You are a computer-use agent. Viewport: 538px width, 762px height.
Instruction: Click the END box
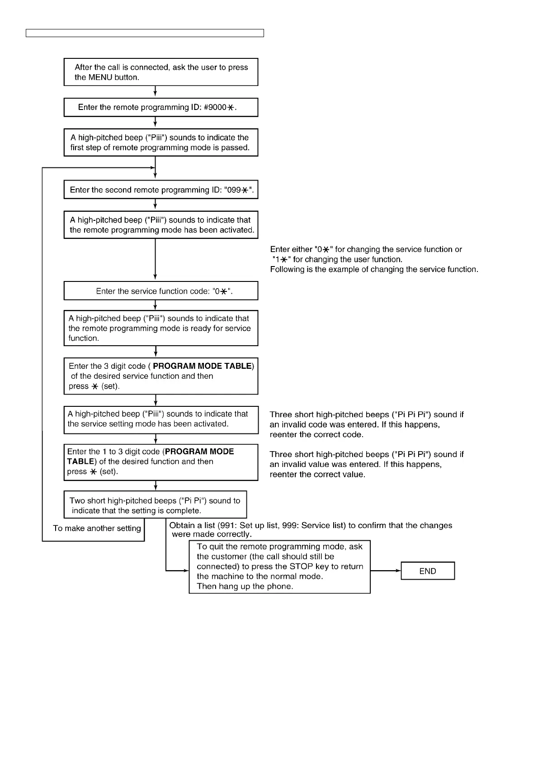coord(427,571)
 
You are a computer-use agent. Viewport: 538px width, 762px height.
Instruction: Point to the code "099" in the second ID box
coord(233,190)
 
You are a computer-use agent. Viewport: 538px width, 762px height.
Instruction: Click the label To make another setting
coord(97,529)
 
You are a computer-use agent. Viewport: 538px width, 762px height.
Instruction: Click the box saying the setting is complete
coord(155,505)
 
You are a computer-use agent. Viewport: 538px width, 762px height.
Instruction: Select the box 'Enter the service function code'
coord(160,291)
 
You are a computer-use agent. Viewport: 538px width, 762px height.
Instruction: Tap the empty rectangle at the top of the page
coord(145,33)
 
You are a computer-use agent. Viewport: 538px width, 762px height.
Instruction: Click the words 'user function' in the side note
coord(378,259)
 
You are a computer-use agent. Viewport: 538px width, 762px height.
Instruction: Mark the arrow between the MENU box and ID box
coord(155,92)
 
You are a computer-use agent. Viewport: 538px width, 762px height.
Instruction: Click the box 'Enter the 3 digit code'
coord(160,376)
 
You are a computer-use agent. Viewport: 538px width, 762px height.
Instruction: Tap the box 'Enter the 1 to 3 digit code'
coord(160,462)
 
